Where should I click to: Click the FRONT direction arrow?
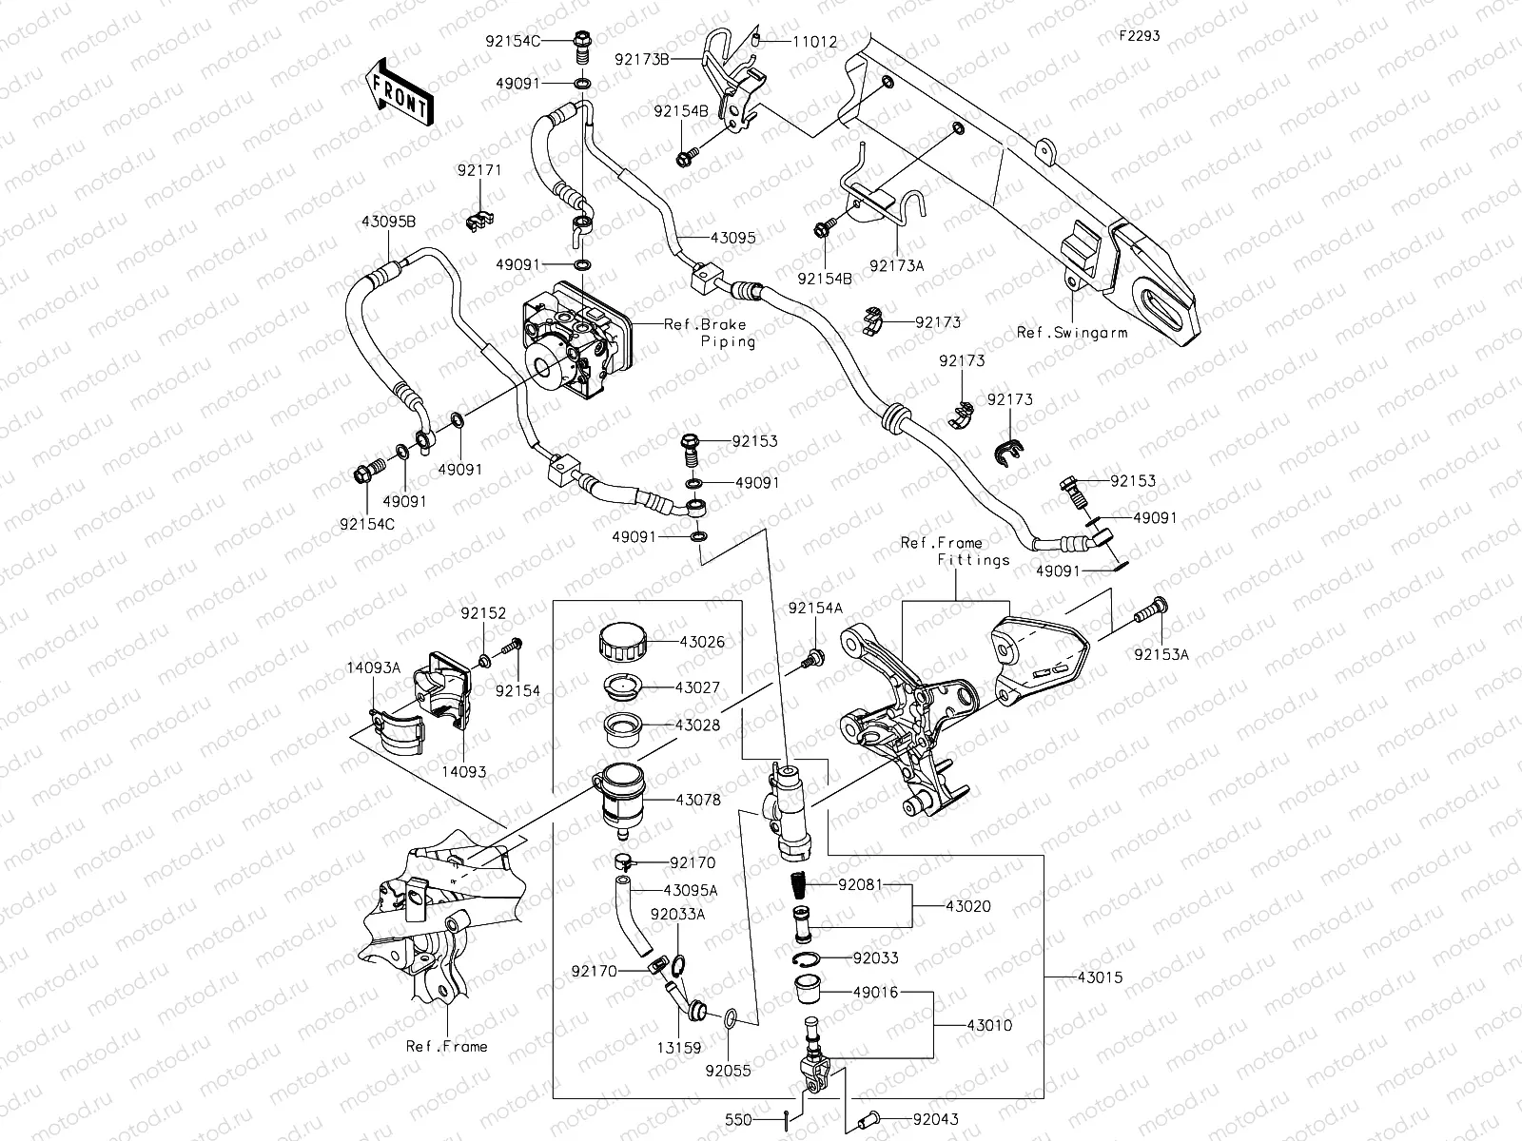[399, 91]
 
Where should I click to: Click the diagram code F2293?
[1139, 36]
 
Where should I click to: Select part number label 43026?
[701, 642]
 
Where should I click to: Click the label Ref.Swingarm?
[1072, 333]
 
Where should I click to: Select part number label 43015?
[1100, 977]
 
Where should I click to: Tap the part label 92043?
[935, 1119]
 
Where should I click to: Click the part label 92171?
[479, 170]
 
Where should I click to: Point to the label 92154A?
[814, 608]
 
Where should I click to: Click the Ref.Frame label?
[446, 1046]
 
